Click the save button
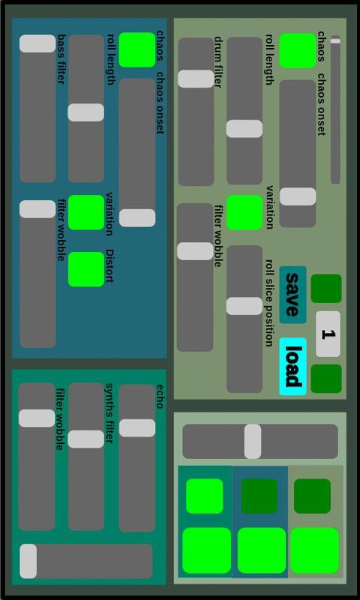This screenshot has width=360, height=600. [x=292, y=295]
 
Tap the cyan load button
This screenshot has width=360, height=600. [x=292, y=366]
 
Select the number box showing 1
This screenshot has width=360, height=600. [x=328, y=334]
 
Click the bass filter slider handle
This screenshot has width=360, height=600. [x=37, y=43]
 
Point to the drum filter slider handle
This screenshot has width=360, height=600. [x=196, y=79]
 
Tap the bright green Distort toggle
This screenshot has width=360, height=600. [x=86, y=269]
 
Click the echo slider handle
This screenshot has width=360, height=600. [x=137, y=427]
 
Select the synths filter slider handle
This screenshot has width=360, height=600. [x=86, y=439]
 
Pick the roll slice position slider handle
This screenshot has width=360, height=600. [x=244, y=306]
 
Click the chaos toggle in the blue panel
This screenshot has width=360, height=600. [x=137, y=49]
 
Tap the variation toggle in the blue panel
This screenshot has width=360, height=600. [x=86, y=212]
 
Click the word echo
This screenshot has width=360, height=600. [x=160, y=397]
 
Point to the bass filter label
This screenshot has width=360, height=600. [x=61, y=59]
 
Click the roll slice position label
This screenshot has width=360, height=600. [x=269, y=303]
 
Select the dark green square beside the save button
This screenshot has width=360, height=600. [x=326, y=289]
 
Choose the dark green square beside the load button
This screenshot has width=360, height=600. [x=326, y=379]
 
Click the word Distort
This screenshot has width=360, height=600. [x=110, y=266]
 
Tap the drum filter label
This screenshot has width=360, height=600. [x=218, y=62]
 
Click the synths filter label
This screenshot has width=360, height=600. [x=109, y=413]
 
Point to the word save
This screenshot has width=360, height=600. [x=292, y=295]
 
